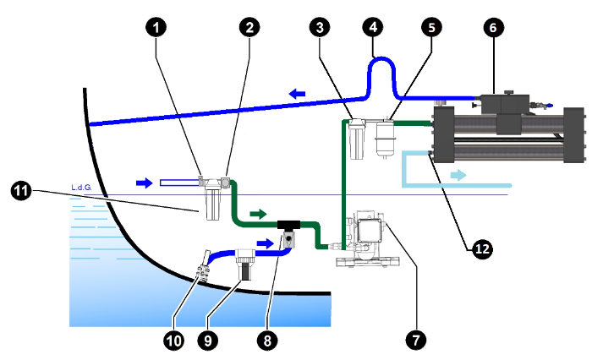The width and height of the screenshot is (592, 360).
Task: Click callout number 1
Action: click(155, 27)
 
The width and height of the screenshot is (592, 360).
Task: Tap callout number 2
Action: click(247, 27)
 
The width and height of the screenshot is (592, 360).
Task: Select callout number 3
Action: click(319, 27)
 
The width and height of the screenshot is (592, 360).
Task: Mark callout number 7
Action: click(414, 340)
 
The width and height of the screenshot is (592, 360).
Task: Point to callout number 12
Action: click(481, 248)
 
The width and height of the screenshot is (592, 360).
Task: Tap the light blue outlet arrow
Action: click(457, 175)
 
